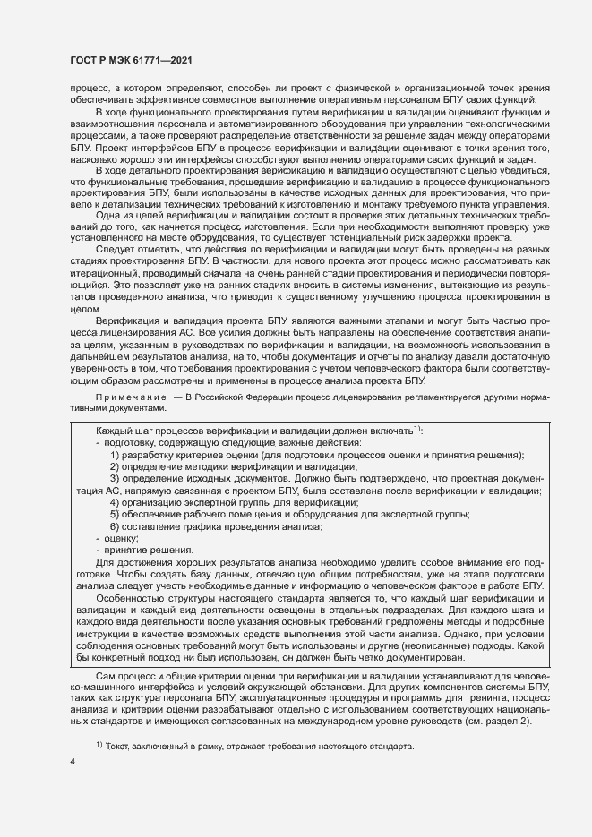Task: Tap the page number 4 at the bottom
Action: pos(73,761)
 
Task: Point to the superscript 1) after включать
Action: pos(417,429)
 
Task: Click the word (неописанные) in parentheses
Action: pos(420,645)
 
